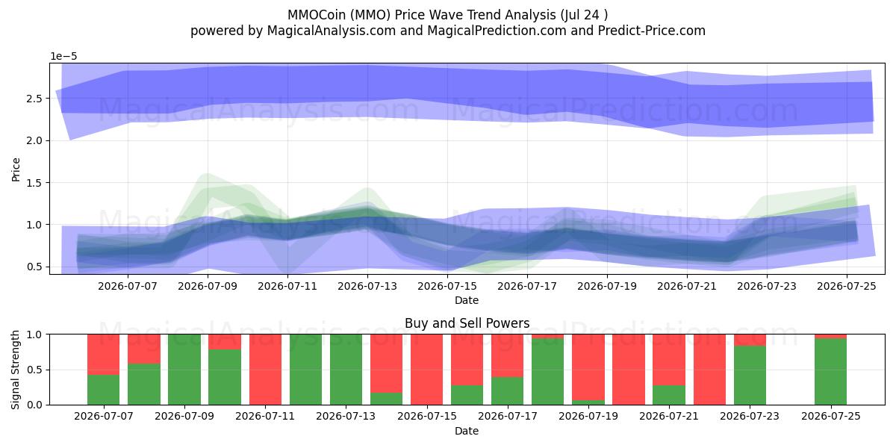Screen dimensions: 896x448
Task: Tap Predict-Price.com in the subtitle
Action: pos(652,31)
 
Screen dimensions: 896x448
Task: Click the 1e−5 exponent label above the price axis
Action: pos(63,57)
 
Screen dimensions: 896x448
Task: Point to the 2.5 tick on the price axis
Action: pos(34,99)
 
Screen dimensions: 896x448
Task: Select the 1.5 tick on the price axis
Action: pos(34,183)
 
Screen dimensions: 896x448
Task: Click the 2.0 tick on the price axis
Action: pos(34,141)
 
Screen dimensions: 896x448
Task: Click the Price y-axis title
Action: pos(16,169)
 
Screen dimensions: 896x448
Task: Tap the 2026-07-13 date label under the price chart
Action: pos(367,287)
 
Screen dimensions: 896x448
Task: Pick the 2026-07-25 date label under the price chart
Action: pos(847,287)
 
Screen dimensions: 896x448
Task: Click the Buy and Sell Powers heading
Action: pos(467,323)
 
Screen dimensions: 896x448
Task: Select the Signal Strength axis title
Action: pos(16,370)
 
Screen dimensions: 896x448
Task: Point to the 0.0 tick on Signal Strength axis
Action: pos(34,405)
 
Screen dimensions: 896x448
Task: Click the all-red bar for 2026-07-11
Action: pos(265,370)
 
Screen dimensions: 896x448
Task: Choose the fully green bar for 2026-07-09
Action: pos(184,370)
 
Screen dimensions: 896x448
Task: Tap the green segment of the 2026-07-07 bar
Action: pos(104,390)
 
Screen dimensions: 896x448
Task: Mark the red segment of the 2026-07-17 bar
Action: pos(507,355)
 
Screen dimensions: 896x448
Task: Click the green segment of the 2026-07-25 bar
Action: pos(831,372)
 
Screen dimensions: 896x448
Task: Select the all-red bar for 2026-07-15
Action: pos(427,370)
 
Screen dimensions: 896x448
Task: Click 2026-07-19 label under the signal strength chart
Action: pos(588,417)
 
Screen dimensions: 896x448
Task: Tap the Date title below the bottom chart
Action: pos(467,431)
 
